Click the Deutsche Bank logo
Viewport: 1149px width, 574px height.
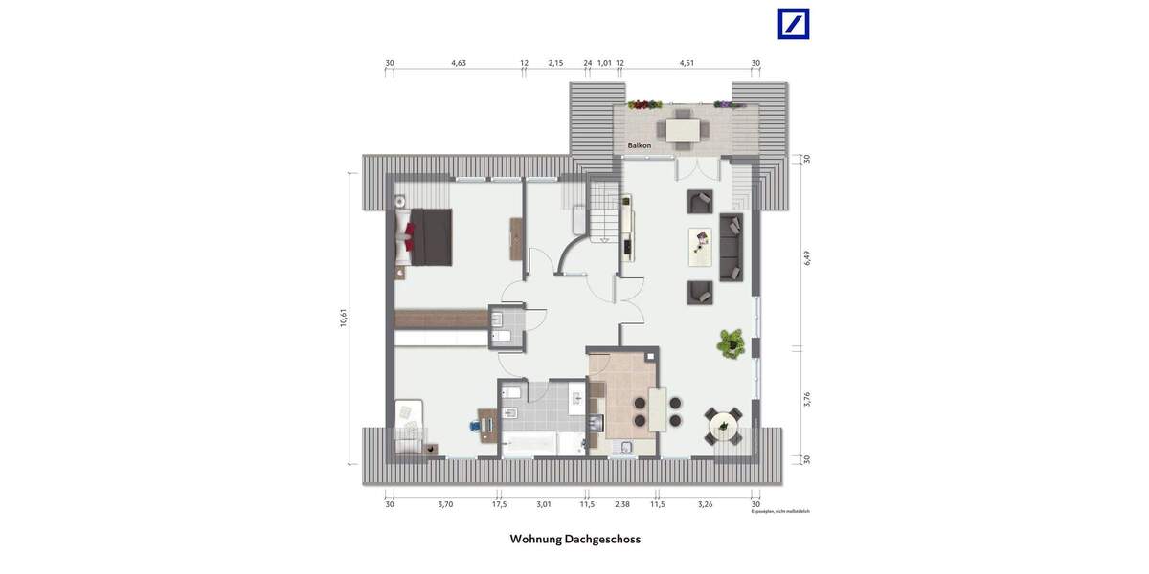click(794, 24)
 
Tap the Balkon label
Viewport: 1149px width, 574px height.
click(640, 145)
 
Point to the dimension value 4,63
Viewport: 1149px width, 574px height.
click(459, 63)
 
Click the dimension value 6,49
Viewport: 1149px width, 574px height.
click(806, 257)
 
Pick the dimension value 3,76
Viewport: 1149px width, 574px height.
click(806, 400)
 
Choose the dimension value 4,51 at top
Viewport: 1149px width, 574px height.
click(687, 63)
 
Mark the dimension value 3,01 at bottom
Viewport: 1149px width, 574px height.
click(544, 503)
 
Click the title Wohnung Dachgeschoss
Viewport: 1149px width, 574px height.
click(574, 539)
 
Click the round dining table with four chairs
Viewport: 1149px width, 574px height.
click(723, 423)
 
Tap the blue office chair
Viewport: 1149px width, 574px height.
click(476, 421)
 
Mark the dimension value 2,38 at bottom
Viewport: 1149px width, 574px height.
click(622, 503)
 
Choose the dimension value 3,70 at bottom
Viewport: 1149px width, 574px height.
click(445, 503)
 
